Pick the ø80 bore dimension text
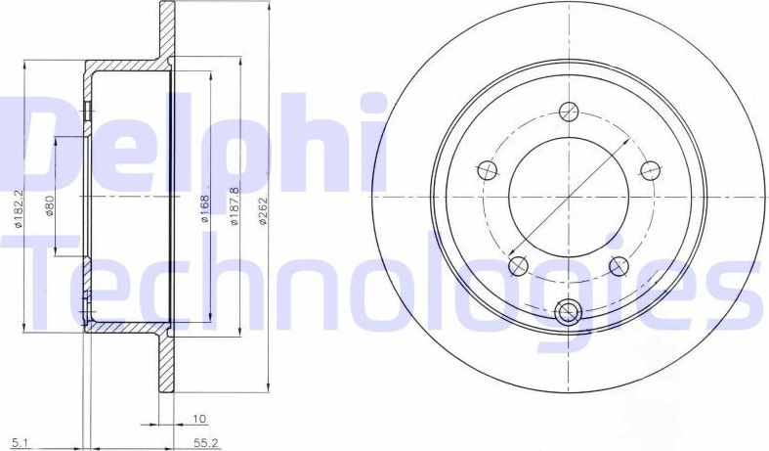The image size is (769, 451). click(50, 206)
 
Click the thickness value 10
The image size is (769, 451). click(200, 419)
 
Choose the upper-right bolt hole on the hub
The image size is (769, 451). click(648, 168)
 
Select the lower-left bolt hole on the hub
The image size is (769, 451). click(519, 263)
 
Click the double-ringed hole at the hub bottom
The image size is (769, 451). click(568, 312)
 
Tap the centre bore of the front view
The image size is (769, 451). click(567, 196)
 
